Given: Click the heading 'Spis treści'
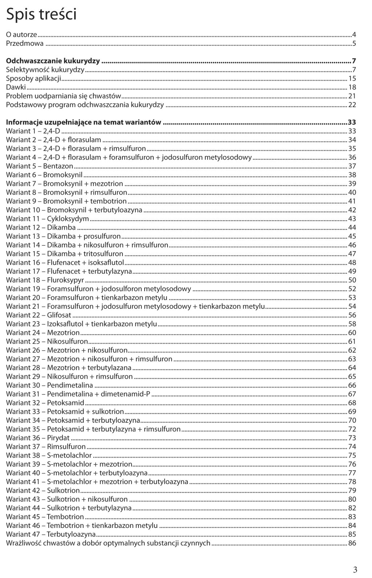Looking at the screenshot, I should tap(41, 15).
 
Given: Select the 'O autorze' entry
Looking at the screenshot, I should tap(21, 35).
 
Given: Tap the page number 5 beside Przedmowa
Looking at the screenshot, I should tap(354, 44).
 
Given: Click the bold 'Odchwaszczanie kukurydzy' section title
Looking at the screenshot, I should tap(53, 61).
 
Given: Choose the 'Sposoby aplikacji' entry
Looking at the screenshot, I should tap(33, 79).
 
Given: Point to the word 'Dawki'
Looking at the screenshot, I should tap(16, 87).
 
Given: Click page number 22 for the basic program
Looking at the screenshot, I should tap(352, 105).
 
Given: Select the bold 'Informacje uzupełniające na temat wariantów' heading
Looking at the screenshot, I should tap(84, 122).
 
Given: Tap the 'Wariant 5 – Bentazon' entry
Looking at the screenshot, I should tap(40, 166).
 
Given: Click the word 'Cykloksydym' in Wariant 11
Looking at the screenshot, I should tap(68, 219).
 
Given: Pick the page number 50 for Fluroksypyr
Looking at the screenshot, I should tap(352, 280).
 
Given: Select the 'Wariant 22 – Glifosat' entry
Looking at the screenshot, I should tap(39, 315).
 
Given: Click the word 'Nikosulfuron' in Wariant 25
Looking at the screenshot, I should tap(68, 341).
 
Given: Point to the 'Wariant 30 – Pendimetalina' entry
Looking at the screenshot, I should tap(49, 385).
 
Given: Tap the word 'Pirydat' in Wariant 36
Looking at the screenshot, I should tap(58, 438).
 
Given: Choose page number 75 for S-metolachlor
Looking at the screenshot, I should tap(352, 455).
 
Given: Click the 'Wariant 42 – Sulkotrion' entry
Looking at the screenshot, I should tap(43, 491).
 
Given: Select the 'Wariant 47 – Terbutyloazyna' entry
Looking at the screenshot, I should tap(51, 534).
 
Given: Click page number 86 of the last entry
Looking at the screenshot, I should tap(352, 543).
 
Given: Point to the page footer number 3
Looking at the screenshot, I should tap(355, 569).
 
